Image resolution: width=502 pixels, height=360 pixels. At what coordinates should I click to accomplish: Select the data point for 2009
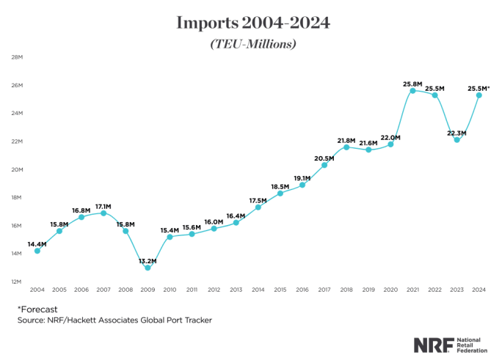(148, 268)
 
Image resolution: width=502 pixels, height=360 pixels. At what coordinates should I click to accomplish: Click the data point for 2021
(413, 90)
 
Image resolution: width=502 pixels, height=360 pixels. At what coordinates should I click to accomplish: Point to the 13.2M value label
(148, 260)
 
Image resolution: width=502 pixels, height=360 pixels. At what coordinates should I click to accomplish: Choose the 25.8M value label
(413, 82)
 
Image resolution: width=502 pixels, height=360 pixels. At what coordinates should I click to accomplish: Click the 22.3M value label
(456, 133)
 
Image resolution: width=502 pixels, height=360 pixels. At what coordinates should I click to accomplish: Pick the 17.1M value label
(103, 206)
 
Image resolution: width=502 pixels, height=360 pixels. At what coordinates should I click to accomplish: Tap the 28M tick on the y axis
(15, 57)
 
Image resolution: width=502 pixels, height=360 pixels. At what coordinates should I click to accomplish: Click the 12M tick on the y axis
(15, 282)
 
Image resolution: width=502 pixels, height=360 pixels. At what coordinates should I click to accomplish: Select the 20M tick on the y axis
(15, 169)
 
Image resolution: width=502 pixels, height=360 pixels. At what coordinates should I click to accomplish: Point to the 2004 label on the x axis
(37, 290)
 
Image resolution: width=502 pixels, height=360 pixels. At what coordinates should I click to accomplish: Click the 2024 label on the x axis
(479, 290)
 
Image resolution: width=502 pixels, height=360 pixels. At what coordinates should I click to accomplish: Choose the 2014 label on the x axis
(258, 290)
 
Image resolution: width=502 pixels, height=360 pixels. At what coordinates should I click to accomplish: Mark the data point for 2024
(479, 95)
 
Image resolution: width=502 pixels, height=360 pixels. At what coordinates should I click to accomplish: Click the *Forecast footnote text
(37, 309)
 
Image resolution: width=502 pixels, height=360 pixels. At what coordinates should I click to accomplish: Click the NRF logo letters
(432, 345)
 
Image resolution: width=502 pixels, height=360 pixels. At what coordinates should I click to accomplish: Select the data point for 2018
(346, 147)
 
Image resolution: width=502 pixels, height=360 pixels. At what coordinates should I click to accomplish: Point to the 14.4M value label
(37, 244)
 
